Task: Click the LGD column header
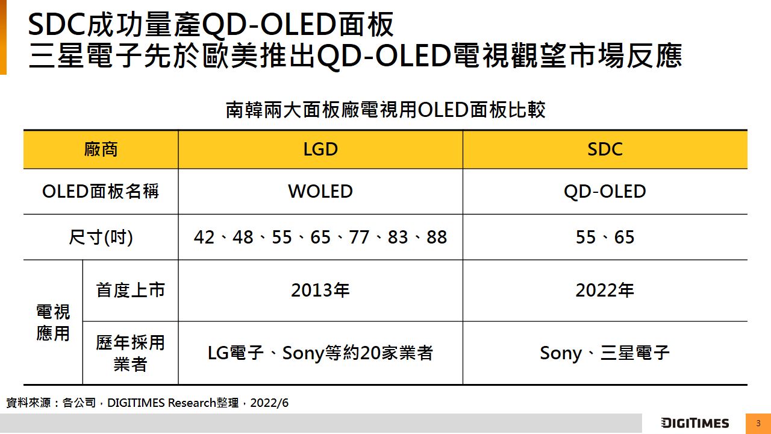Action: [x=320, y=149]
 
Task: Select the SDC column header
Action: [x=605, y=149]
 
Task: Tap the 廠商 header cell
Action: [x=101, y=149]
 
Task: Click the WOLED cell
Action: [x=320, y=192]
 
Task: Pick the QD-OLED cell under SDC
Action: [x=605, y=192]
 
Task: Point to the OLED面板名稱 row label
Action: [x=101, y=192]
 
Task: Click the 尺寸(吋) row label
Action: [x=101, y=237]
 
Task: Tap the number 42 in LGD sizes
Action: [x=204, y=237]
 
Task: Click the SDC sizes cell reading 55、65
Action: [x=605, y=237]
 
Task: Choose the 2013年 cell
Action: [x=320, y=291]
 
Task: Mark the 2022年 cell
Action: [x=605, y=291]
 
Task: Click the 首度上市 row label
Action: [x=130, y=291]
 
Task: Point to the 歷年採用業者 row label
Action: [x=130, y=353]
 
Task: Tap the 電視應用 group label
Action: [x=53, y=322]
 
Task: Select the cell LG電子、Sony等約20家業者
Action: [x=320, y=353]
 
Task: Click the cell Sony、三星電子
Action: [x=605, y=353]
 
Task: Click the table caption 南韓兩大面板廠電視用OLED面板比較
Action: [x=385, y=110]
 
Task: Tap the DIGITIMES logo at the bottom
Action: [x=695, y=423]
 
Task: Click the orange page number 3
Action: [x=758, y=423]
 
